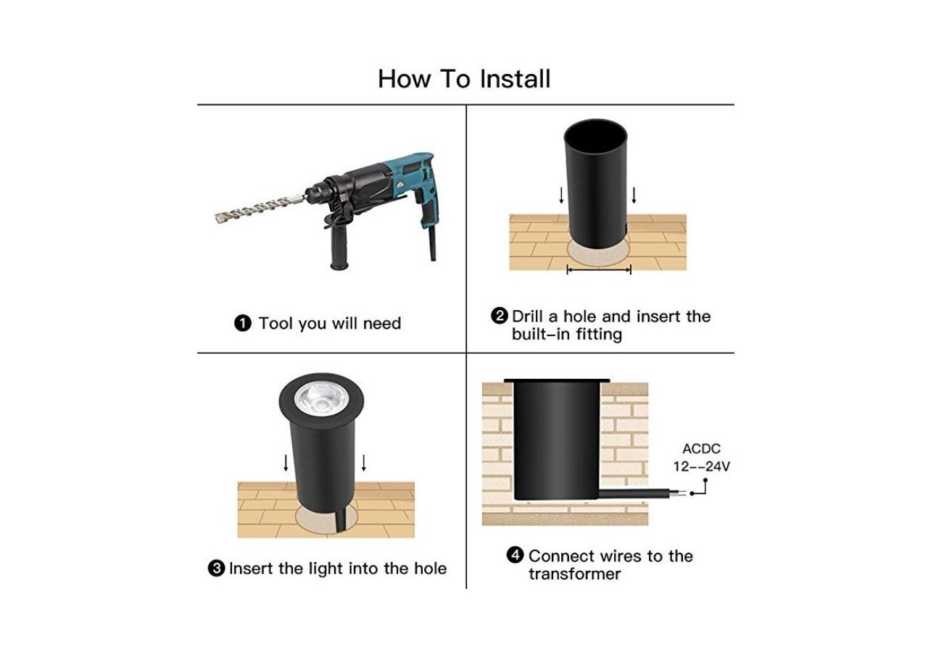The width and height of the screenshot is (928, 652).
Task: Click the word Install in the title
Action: (x=515, y=79)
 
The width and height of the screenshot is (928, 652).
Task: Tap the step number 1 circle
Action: (x=242, y=323)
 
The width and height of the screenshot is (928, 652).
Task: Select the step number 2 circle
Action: (x=500, y=316)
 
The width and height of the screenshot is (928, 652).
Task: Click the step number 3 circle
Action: (x=216, y=569)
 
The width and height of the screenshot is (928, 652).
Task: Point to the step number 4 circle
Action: (x=515, y=555)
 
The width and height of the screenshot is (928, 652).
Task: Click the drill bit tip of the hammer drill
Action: (x=217, y=217)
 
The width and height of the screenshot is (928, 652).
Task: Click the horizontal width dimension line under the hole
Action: (x=599, y=270)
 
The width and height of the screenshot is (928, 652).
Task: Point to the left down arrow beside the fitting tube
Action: (x=561, y=195)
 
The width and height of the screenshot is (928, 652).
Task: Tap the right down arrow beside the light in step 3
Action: (x=364, y=463)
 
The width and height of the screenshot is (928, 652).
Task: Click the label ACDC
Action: (x=702, y=448)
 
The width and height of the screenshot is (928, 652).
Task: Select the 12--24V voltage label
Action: (x=701, y=467)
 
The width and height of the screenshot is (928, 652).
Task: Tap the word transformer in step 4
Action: (x=574, y=574)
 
